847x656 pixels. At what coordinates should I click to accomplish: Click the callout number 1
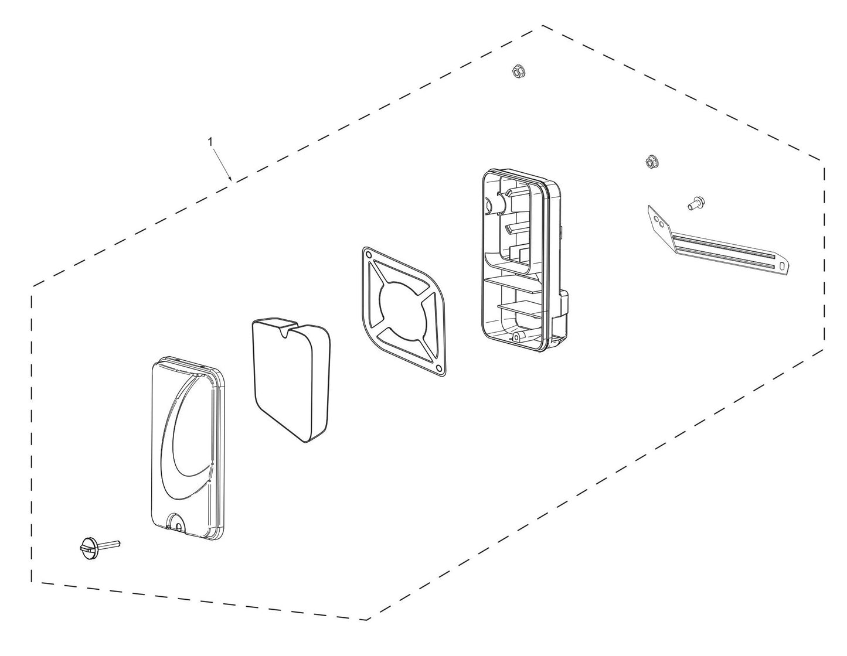(x=210, y=142)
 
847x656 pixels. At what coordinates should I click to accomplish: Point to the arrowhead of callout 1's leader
(x=231, y=179)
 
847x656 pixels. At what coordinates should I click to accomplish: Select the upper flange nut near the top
(x=518, y=71)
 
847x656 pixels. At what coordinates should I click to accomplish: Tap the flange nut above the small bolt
(x=650, y=162)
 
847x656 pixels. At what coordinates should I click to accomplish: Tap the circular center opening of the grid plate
(x=402, y=310)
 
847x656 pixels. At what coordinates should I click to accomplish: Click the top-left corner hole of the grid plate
(x=367, y=253)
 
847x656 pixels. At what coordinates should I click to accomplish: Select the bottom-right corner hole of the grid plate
(x=438, y=367)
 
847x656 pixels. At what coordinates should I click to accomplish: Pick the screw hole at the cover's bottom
(x=179, y=527)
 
